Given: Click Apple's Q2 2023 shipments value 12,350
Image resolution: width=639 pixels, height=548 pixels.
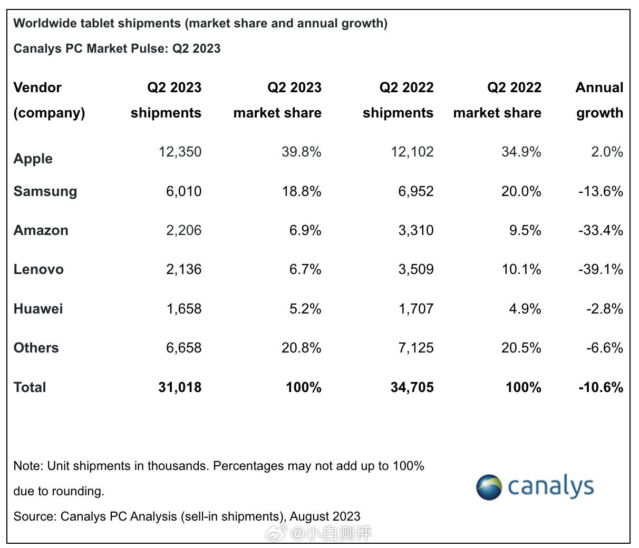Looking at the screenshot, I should [x=180, y=152].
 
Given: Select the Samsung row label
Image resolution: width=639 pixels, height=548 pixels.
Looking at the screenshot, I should [x=45, y=191].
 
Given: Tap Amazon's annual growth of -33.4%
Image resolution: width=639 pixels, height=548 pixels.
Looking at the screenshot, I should [x=601, y=230].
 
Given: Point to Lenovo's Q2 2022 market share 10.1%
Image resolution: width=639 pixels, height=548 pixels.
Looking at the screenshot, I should [x=521, y=269].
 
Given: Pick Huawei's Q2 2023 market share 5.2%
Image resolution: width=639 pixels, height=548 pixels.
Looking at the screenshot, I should [x=305, y=308].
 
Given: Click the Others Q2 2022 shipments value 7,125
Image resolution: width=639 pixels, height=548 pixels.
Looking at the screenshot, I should [x=416, y=348].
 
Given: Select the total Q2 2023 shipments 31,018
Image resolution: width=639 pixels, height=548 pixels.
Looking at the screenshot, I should [x=180, y=387].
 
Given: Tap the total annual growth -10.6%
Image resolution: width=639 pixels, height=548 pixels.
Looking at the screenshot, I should [x=601, y=387].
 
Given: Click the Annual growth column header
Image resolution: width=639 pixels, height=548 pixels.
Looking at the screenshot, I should [x=599, y=100].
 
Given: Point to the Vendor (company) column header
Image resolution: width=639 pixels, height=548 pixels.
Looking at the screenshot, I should [x=49, y=100].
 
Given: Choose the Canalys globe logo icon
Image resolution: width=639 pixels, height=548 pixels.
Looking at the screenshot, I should [x=489, y=487].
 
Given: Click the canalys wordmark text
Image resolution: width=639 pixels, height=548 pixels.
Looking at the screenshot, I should [x=550, y=487].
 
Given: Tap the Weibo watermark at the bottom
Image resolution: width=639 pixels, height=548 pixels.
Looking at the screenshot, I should [x=318, y=534].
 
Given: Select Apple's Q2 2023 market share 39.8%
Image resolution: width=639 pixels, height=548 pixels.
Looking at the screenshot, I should [x=301, y=152].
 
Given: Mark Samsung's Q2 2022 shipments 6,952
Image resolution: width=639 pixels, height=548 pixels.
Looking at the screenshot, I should [x=416, y=191].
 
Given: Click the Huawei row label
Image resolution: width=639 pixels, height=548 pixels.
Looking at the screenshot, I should [x=38, y=308].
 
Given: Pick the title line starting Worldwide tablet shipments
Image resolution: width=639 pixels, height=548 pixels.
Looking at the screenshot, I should [x=200, y=23].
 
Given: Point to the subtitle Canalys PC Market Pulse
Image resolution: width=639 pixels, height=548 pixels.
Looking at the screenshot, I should [x=117, y=48].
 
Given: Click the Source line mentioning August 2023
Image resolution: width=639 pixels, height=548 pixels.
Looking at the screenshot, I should [x=187, y=516].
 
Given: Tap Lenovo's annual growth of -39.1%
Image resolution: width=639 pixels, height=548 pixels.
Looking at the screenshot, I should [x=601, y=269].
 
